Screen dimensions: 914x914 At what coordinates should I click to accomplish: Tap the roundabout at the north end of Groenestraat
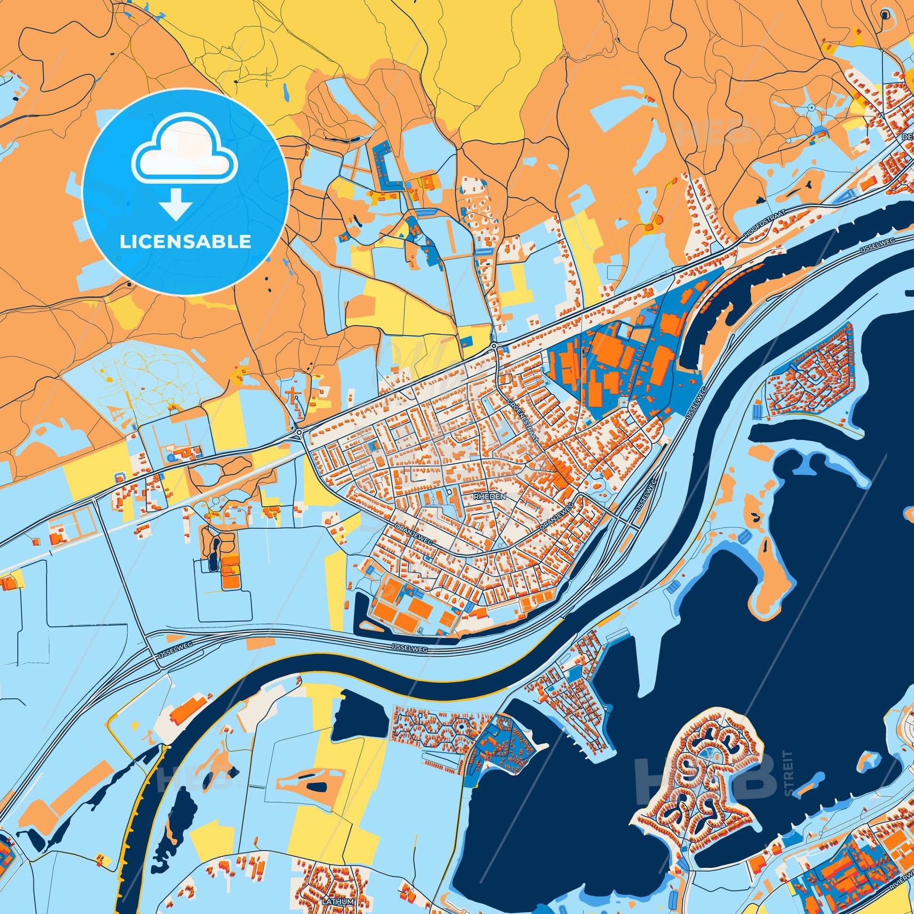(494, 347)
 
